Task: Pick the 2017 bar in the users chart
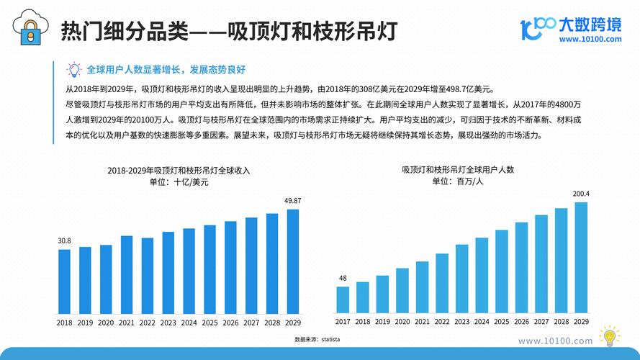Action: [x=343, y=300]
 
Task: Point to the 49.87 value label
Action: [x=293, y=200]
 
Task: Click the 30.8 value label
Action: [x=64, y=240]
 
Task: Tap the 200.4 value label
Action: [x=581, y=194]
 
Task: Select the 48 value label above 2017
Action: [x=343, y=278]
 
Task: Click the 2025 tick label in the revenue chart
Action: [x=209, y=323]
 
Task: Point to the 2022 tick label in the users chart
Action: [x=442, y=323]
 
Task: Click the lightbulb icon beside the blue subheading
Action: [x=73, y=70]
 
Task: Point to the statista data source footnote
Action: [x=317, y=338]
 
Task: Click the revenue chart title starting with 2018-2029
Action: [x=179, y=171]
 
